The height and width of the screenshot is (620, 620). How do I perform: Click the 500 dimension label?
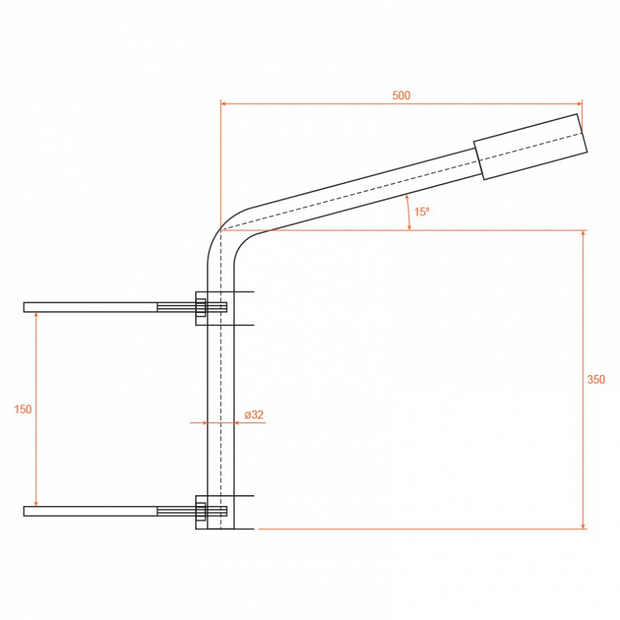(401, 95)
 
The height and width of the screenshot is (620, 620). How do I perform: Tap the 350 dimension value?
(596, 380)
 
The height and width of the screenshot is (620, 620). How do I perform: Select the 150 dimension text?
(23, 409)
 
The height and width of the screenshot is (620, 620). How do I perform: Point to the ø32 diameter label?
(254, 415)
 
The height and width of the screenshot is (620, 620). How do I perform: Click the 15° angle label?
(422, 212)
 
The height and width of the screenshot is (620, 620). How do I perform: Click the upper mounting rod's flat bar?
(90, 307)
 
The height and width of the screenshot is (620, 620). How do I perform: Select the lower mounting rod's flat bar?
(90, 511)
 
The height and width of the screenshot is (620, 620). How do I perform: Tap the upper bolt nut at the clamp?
(201, 307)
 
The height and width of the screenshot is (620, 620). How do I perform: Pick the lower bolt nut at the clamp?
(201, 511)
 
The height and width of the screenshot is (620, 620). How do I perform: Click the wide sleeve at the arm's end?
(531, 146)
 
